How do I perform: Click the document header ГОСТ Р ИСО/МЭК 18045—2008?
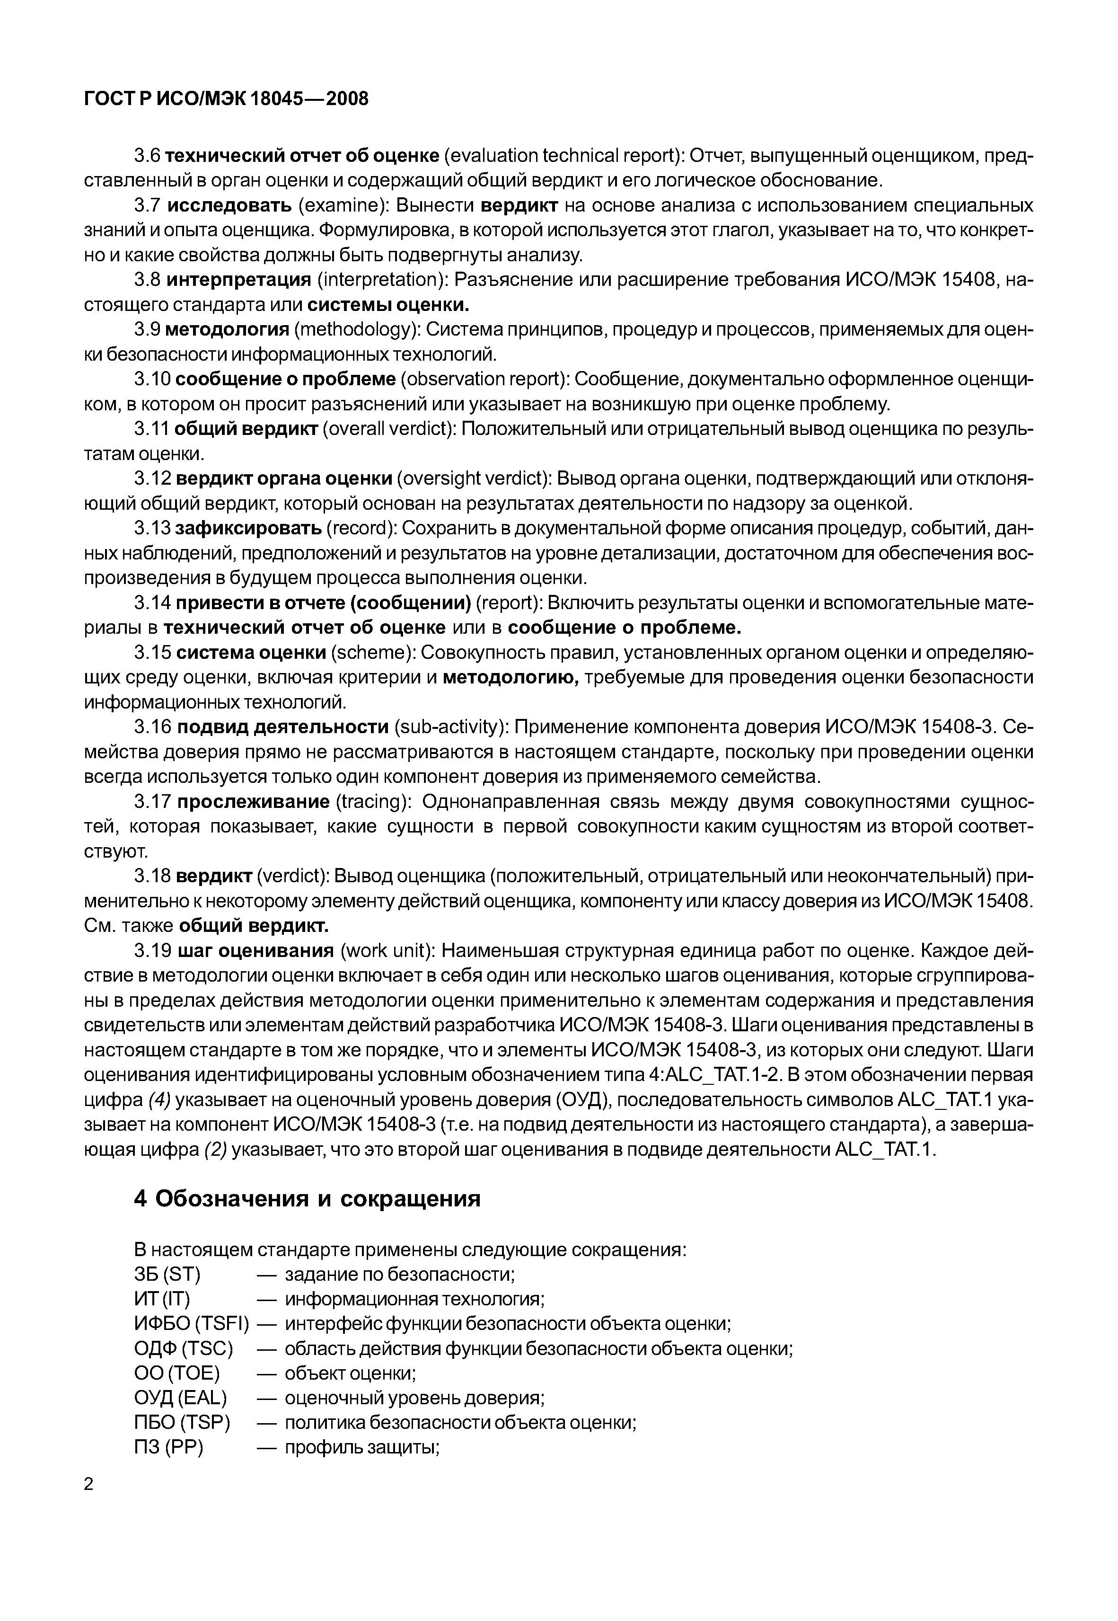coord(226,99)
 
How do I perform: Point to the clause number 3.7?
coord(148,205)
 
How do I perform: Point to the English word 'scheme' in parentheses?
coord(370,653)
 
